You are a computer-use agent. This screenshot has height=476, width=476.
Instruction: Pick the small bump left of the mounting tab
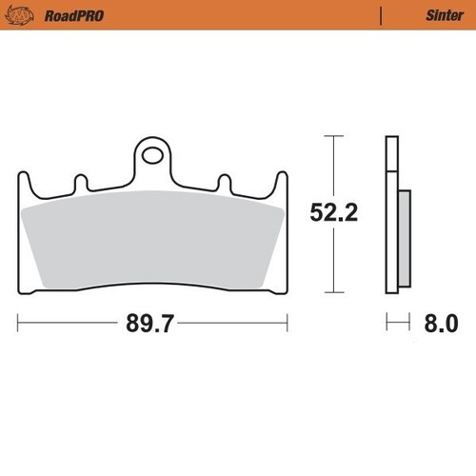coord(80,180)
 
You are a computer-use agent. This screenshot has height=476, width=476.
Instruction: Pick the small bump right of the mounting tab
coord(225,180)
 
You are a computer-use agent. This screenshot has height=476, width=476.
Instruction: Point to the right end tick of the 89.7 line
coord(287,325)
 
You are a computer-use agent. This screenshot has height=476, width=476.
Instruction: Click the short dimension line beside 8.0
coord(398,325)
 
